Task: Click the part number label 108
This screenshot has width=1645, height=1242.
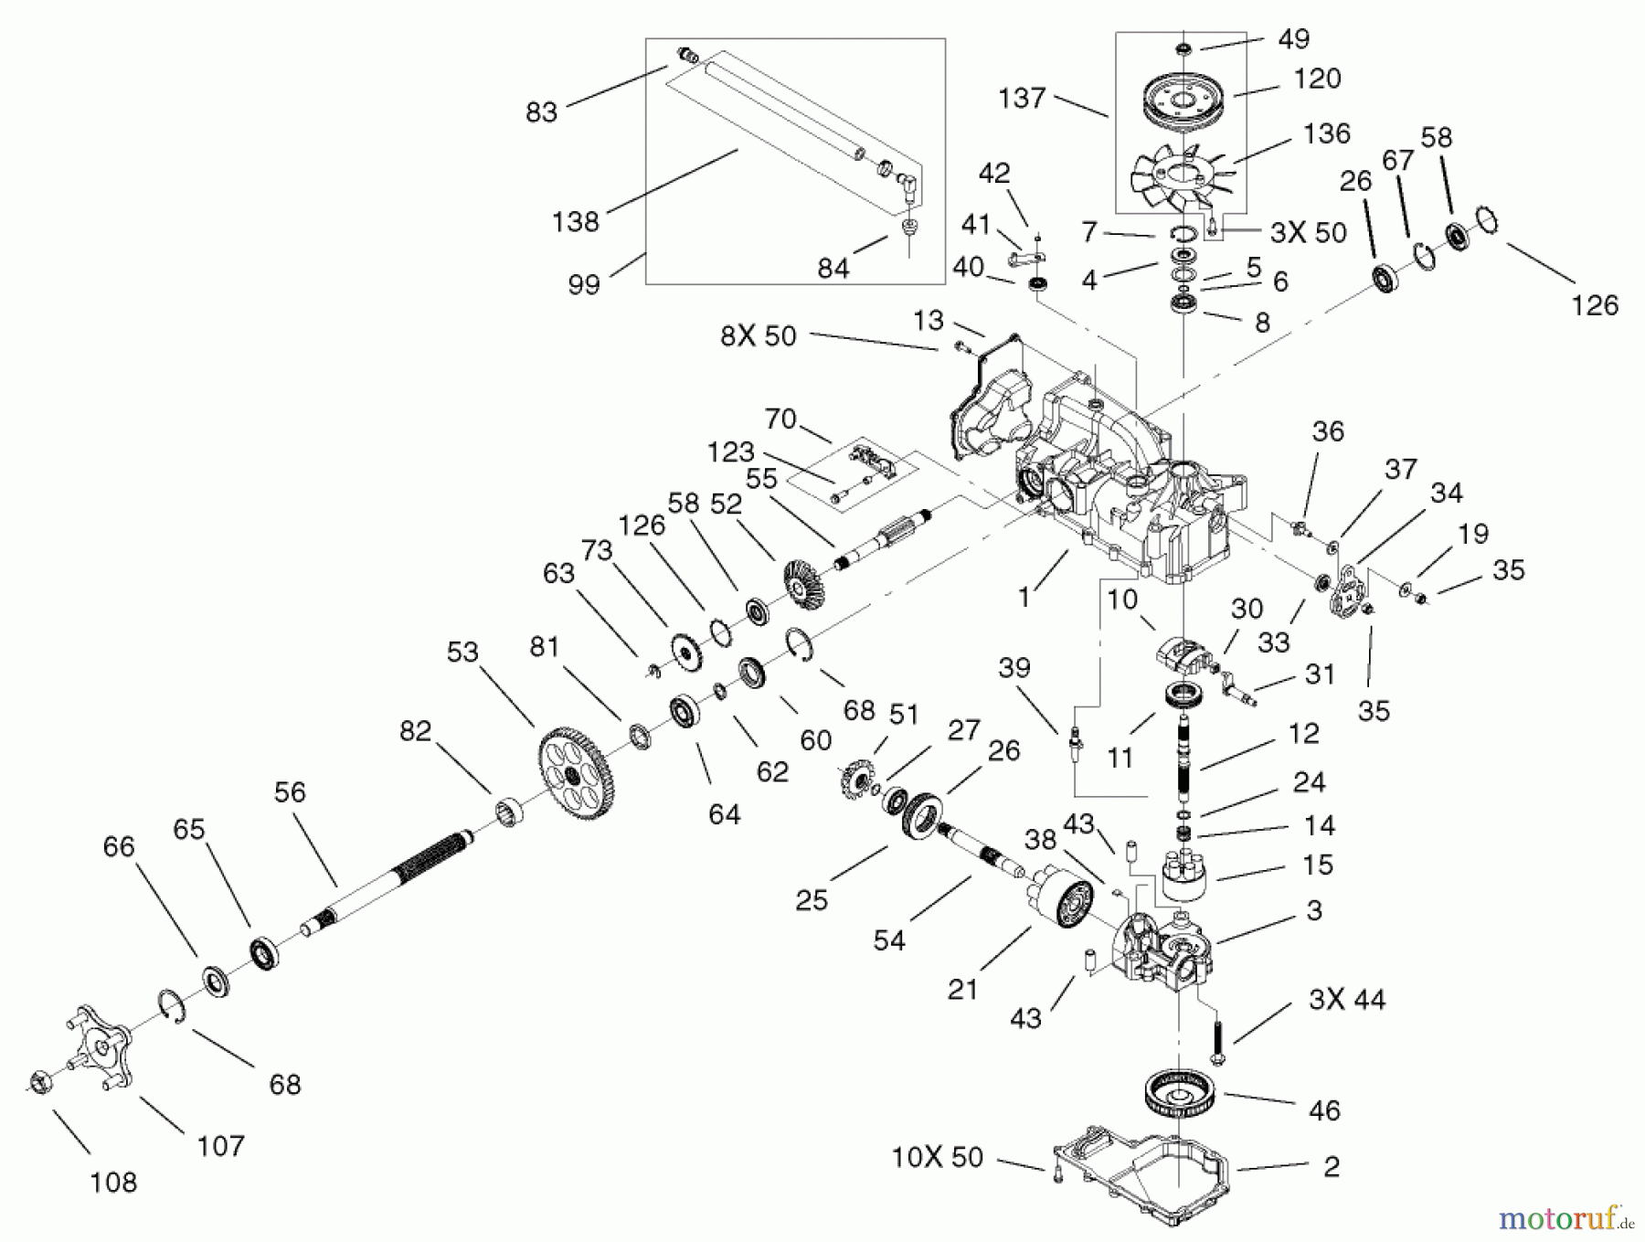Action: (x=113, y=1182)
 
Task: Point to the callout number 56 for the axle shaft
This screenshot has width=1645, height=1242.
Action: (x=290, y=791)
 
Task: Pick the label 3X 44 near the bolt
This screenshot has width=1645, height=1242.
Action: (x=1346, y=999)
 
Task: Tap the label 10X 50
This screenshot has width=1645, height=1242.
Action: (x=937, y=1157)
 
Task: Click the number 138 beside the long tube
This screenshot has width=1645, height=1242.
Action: (x=576, y=221)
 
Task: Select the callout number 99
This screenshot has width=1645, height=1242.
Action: (x=584, y=283)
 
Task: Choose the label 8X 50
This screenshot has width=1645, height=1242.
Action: (x=758, y=335)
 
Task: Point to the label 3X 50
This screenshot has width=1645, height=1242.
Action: (x=1308, y=233)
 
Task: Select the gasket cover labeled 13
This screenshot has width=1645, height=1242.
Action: (x=987, y=393)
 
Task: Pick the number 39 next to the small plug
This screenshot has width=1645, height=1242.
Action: (x=1014, y=668)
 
